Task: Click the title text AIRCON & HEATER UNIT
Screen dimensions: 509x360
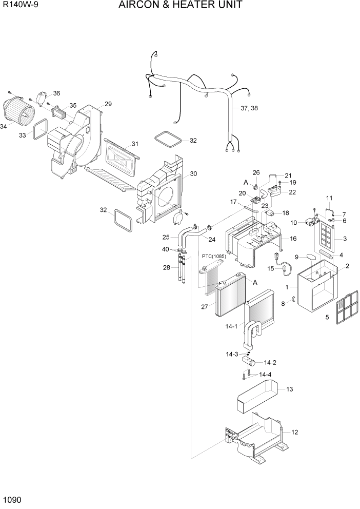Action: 180,6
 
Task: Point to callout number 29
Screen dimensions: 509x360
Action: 108,104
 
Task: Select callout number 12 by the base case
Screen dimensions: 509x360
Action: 294,432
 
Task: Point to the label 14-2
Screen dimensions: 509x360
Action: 271,362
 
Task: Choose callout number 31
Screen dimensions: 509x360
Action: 135,144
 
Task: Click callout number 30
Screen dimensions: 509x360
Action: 193,173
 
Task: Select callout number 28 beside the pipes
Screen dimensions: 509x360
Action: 167,267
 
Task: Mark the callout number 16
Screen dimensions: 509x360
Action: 293,239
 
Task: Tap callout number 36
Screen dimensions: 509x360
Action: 56,93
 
